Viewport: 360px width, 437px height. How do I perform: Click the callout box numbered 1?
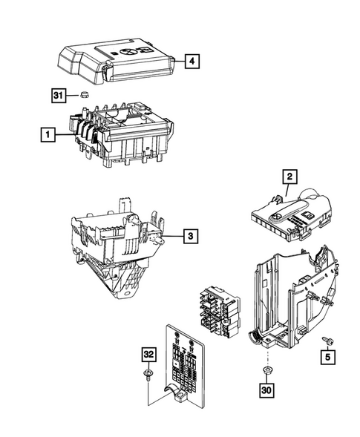click(47, 135)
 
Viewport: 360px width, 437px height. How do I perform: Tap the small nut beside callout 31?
click(85, 95)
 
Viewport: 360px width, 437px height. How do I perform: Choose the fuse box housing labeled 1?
click(122, 134)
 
